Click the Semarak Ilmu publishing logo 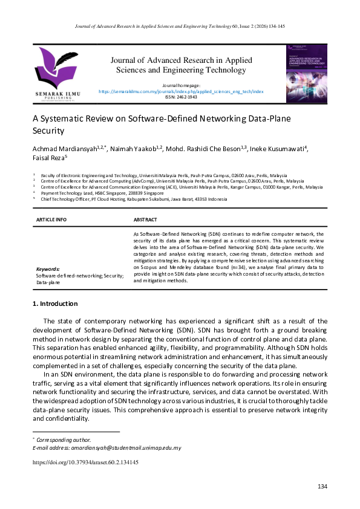pyautogui.click(x=58, y=73)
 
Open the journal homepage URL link pyautogui.click(x=181, y=91)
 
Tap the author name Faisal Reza pyautogui.click(x=47, y=158)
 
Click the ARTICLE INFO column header pyautogui.click(x=51, y=220)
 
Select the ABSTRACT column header pyautogui.click(x=145, y=220)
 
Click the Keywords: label pyautogui.click(x=48, y=269)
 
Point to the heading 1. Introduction pyautogui.click(x=55, y=303)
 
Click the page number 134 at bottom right pyautogui.click(x=322, y=487)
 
